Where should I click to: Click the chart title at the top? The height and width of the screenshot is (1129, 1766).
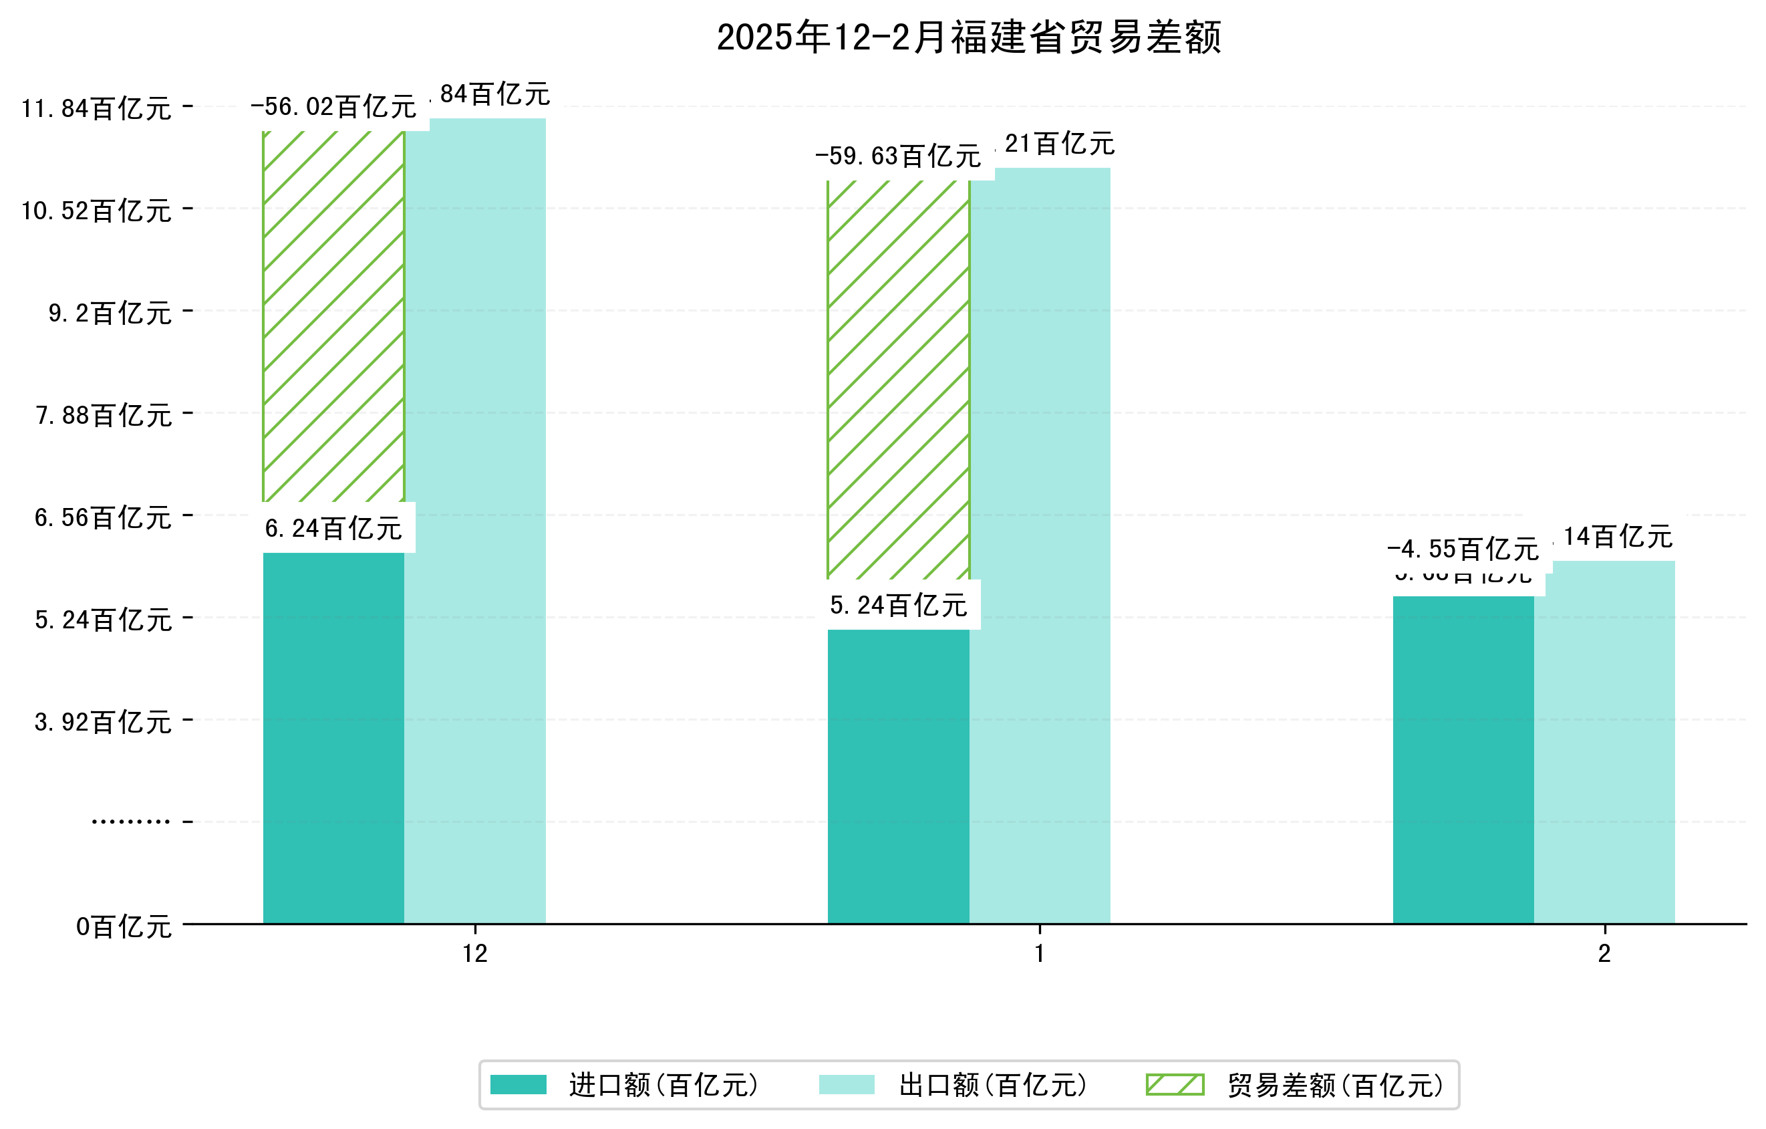968,37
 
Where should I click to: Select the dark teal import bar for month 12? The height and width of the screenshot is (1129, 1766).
333,737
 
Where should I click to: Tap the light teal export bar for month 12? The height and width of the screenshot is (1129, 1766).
475,521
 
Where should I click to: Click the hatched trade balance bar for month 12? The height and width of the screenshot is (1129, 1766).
333,316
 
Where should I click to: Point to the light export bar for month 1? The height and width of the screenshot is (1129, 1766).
1040,546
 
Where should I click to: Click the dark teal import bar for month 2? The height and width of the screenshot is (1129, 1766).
1463,759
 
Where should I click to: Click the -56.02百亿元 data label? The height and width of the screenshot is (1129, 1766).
333,107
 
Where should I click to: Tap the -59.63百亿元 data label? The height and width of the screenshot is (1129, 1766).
899,156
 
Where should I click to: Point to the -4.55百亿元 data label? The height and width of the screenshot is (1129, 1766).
1463,549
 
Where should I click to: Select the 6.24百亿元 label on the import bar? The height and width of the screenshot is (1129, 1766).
333,528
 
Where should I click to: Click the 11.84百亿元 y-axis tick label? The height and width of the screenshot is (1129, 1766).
96,108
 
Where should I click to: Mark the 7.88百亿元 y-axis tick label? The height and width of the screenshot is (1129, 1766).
104,416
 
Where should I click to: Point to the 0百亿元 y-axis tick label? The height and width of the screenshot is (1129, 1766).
124,927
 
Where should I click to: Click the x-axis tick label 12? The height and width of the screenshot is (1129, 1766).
475,954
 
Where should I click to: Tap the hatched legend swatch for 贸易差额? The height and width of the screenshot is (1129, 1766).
1175,1084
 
